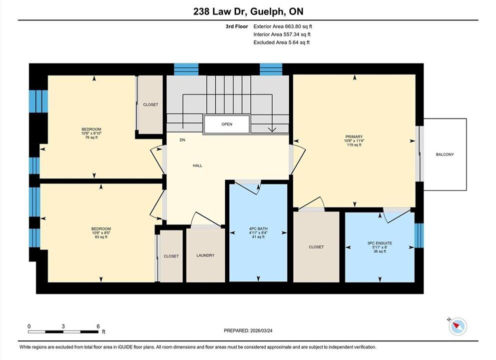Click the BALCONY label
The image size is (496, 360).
tap(445, 154)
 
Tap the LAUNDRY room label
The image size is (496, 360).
tap(205, 255)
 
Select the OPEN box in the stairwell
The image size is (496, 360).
tap(226, 124)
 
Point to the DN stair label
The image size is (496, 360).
tap(182, 140)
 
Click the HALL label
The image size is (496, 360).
tap(197, 165)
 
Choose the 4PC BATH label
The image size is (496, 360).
tap(258, 228)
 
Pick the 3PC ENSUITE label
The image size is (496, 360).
tap(380, 243)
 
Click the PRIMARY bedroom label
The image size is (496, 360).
tap(354, 137)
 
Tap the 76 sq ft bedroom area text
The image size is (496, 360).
tap(91, 137)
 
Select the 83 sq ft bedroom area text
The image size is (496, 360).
tap(101, 237)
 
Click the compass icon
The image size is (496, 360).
tap(457, 326)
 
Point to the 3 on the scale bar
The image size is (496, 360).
tap(63, 326)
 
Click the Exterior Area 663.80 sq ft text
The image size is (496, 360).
tap(283, 26)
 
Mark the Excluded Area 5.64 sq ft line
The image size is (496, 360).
tap(281, 42)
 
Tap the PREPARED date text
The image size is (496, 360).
tap(248, 330)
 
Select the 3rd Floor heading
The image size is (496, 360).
tap(237, 26)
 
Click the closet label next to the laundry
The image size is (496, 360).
tap(171, 256)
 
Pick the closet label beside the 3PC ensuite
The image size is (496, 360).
tap(316, 247)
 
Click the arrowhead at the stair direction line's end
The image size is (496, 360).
tap(272, 129)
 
